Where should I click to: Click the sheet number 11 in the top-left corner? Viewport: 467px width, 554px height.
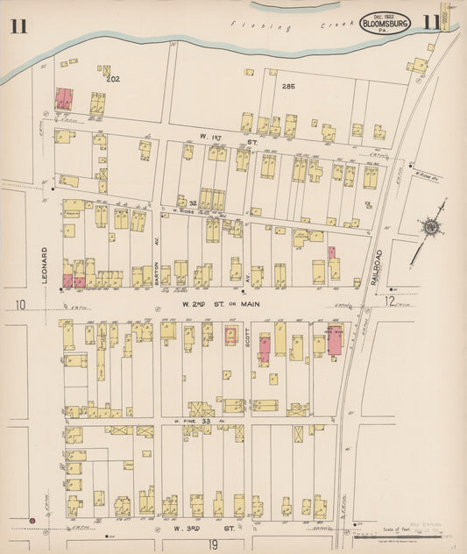[19, 25]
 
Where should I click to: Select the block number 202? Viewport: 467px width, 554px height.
[112, 79]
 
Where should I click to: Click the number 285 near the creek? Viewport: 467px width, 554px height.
[289, 86]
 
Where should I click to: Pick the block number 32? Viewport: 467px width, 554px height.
[192, 202]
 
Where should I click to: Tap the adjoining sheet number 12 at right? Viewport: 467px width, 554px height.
[389, 302]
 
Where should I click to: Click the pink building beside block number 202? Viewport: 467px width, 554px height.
[64, 98]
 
